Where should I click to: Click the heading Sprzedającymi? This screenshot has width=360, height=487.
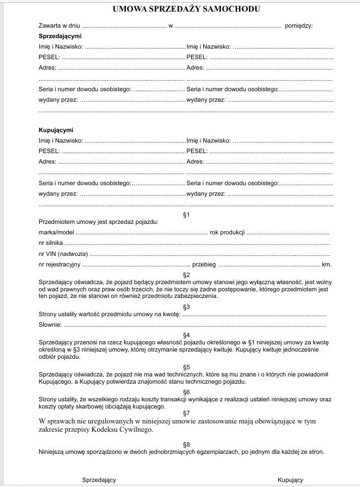coord(56,36)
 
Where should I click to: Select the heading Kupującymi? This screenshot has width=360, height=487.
coord(56,130)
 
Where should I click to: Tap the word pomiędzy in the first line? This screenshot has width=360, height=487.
coord(299,26)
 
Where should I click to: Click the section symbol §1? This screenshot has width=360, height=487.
coord(186,214)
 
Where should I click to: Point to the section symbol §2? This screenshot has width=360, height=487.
coord(186,275)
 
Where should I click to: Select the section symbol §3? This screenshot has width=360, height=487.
coord(186,307)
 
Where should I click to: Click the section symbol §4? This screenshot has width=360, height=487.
coord(186,335)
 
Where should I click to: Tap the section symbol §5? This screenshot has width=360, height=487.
coord(186,367)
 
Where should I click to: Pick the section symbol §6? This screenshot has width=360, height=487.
coord(186,392)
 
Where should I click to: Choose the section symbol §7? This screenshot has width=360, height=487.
coord(186,413)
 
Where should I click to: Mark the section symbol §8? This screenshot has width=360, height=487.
coord(186,444)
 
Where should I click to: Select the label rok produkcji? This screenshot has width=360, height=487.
coord(227,233)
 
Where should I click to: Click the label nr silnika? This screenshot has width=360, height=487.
coord(51,243)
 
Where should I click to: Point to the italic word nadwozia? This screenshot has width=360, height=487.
coord(73,254)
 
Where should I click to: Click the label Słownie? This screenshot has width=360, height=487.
coord(50,324)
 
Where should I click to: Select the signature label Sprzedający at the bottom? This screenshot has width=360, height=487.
coord(99,480)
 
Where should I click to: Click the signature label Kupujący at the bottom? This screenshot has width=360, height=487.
coord(290,480)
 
